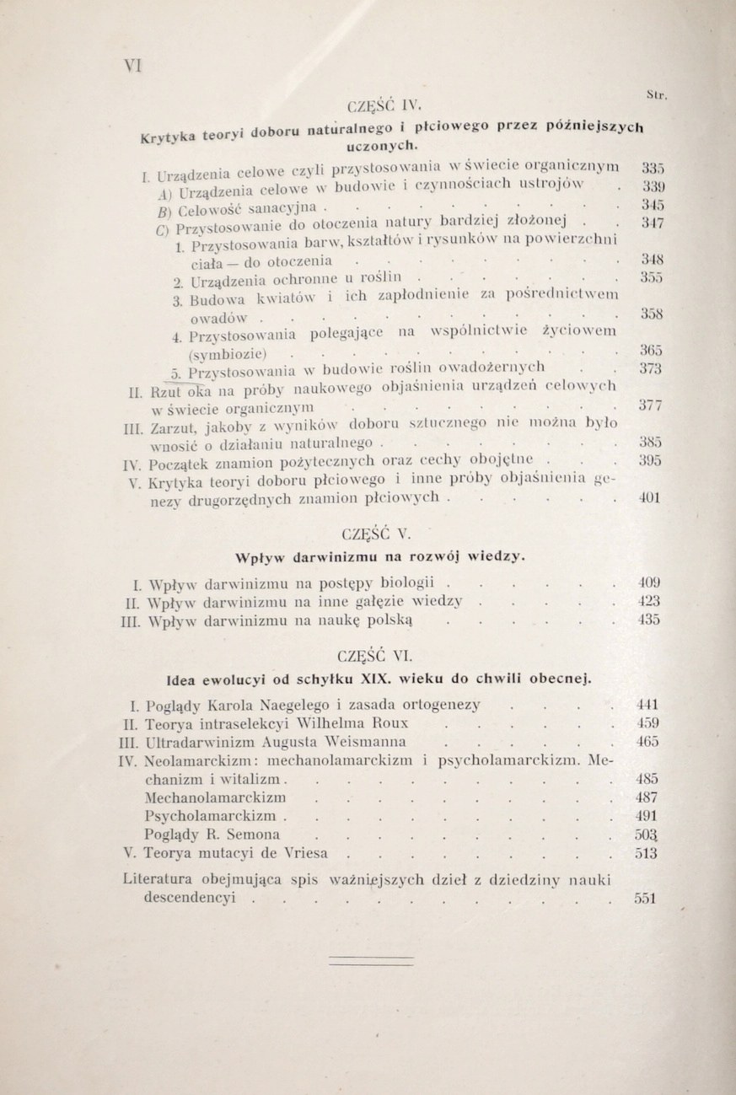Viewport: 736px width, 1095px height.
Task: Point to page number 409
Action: [647, 582]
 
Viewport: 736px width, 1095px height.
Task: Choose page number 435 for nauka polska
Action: [647, 620]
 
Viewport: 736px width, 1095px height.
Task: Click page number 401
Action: [647, 498]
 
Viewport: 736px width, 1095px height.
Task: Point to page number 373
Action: [649, 368]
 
